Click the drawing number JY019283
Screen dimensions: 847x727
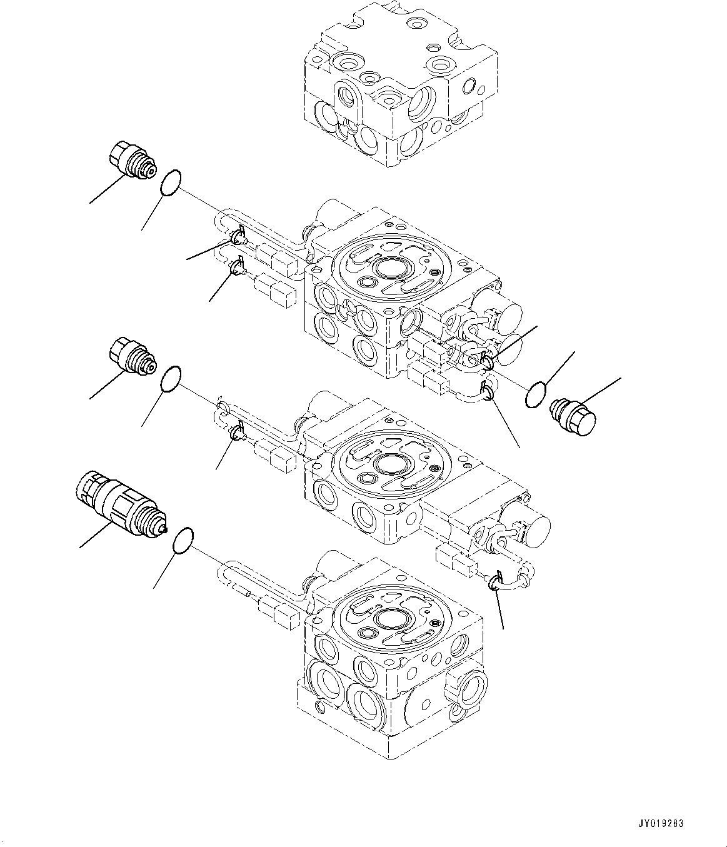click(661, 824)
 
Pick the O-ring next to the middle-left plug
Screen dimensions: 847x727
click(171, 379)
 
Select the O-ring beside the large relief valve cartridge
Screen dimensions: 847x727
click(182, 539)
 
